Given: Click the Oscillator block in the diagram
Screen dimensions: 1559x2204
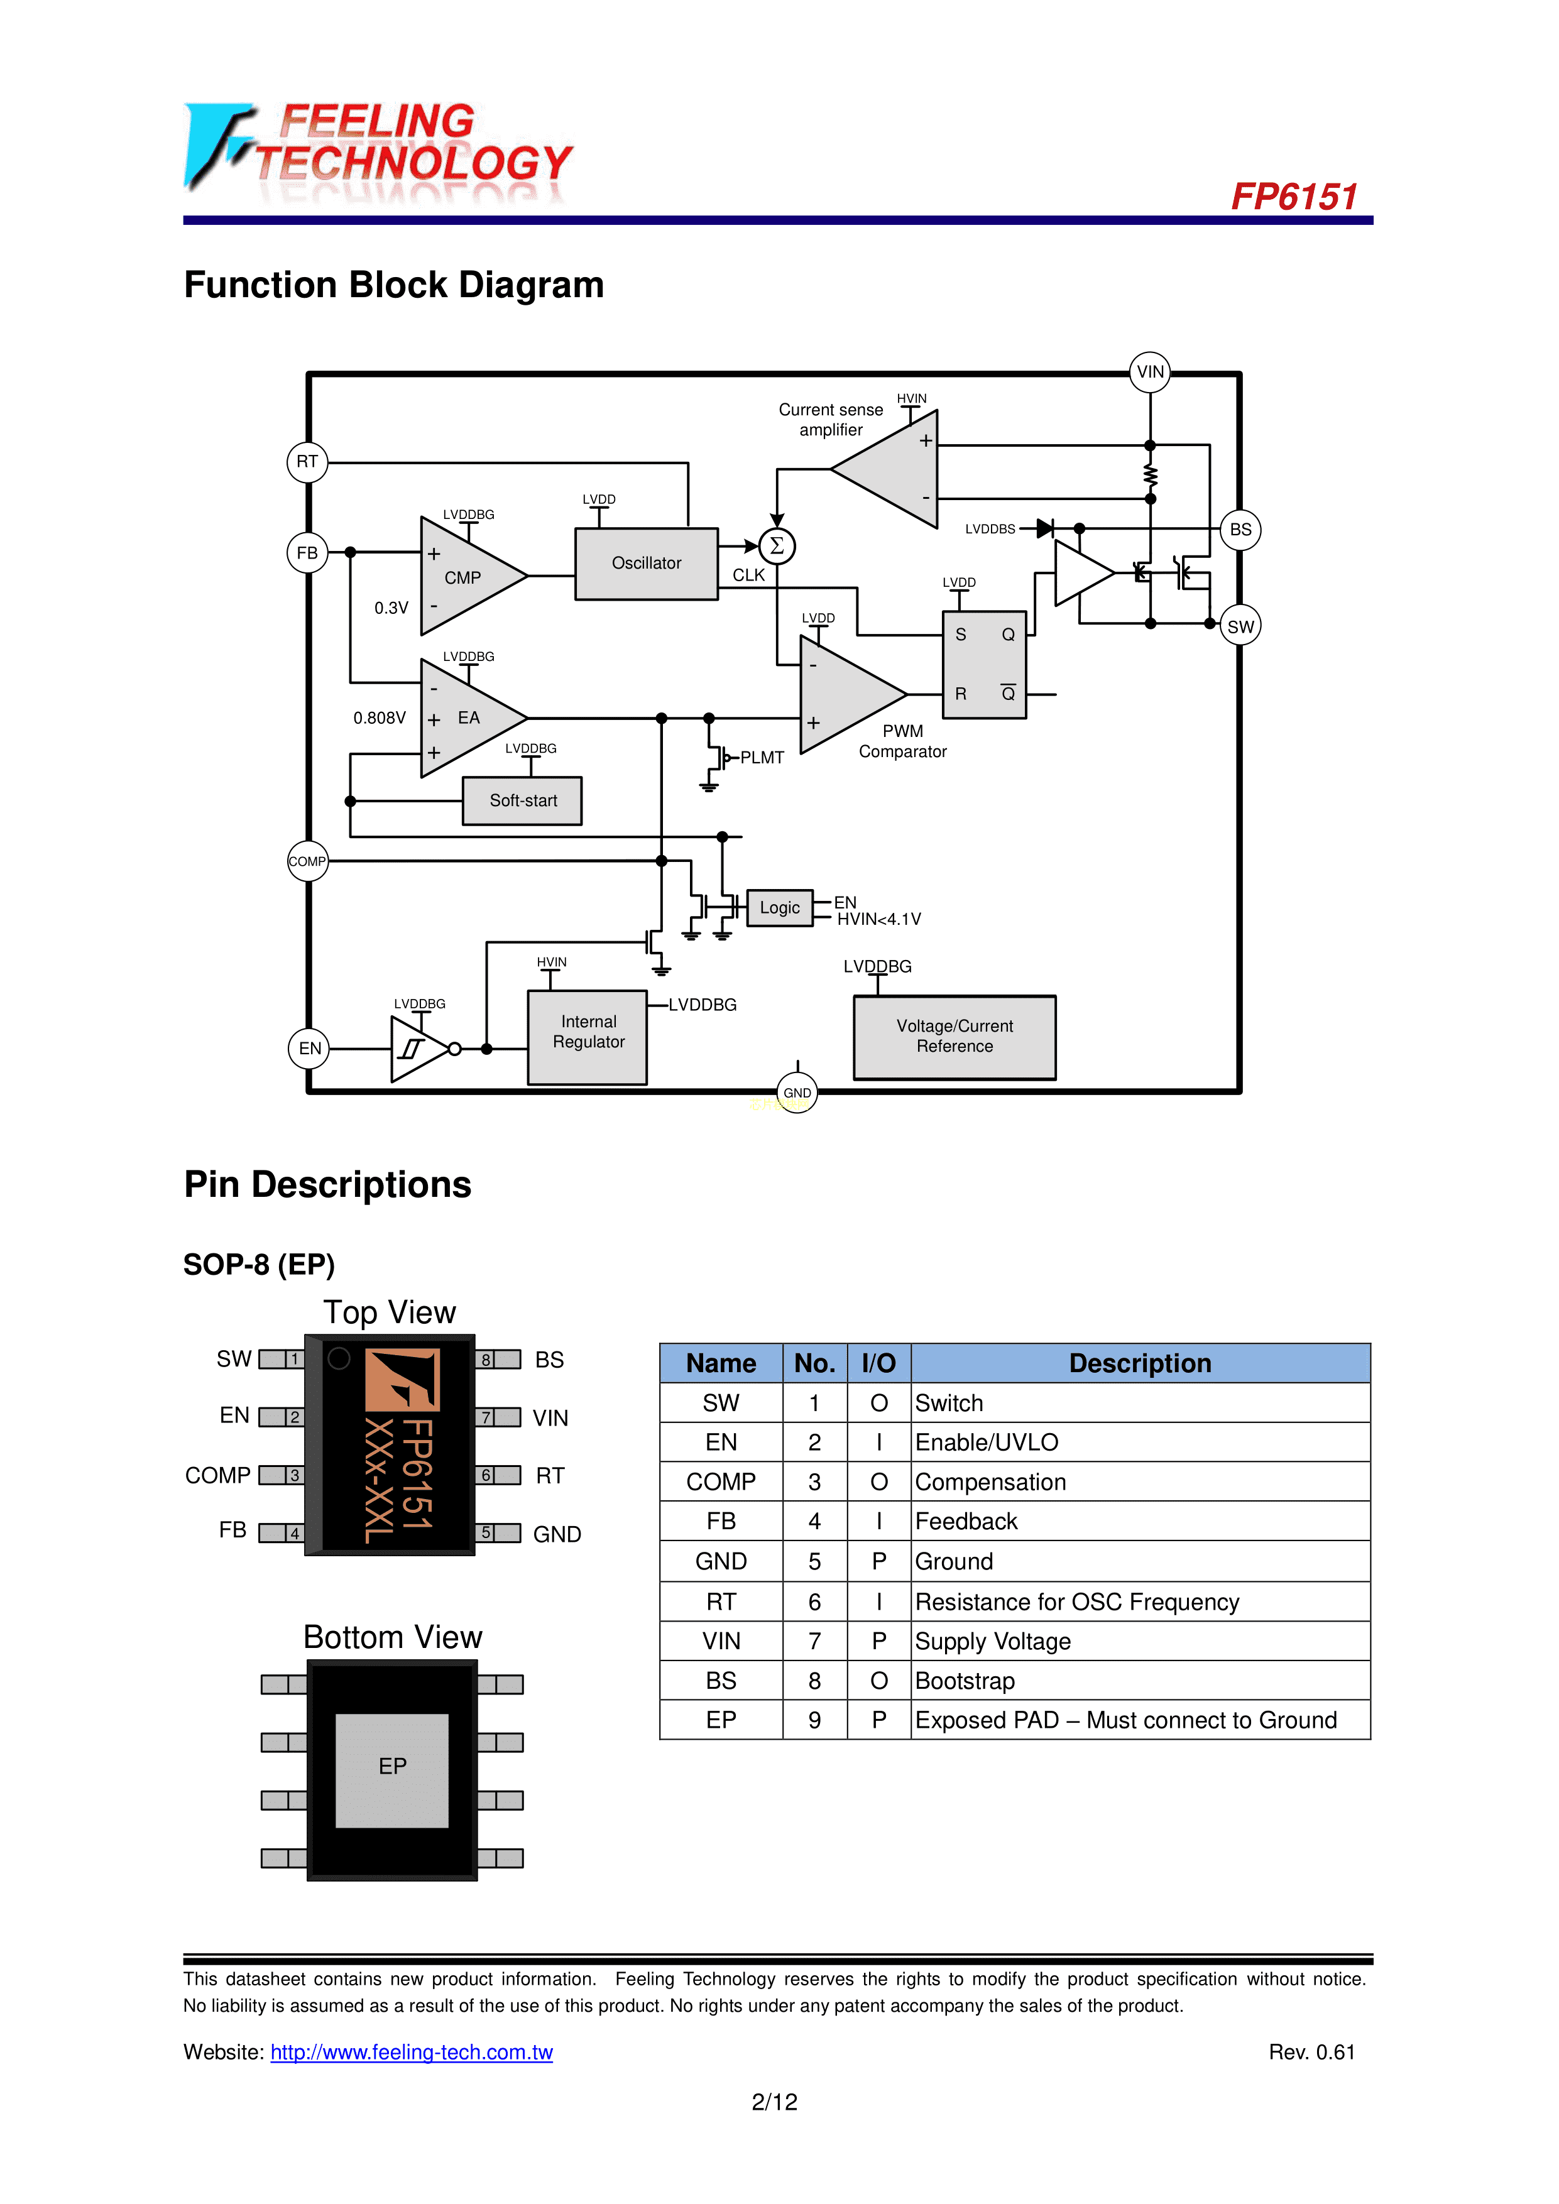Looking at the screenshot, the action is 646,564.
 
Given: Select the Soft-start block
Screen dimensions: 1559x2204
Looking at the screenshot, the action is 522,800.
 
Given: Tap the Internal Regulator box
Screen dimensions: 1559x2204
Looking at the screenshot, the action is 588,1037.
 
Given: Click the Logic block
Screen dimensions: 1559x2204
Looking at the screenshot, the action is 779,907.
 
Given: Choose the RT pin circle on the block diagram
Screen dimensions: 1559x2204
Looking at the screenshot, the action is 307,462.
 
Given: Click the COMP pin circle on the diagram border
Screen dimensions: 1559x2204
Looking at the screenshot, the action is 307,861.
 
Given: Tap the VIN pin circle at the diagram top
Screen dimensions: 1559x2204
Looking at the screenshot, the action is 1150,371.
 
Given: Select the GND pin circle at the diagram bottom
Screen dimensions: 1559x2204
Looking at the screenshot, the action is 797,1093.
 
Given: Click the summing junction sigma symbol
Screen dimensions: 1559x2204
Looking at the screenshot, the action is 777,546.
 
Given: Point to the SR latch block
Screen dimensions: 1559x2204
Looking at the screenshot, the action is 984,664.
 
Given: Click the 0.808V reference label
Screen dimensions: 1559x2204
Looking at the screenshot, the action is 379,718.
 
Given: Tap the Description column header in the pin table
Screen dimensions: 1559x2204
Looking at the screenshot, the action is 1141,1363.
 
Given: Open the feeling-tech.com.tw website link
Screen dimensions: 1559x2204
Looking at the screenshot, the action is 412,2053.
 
